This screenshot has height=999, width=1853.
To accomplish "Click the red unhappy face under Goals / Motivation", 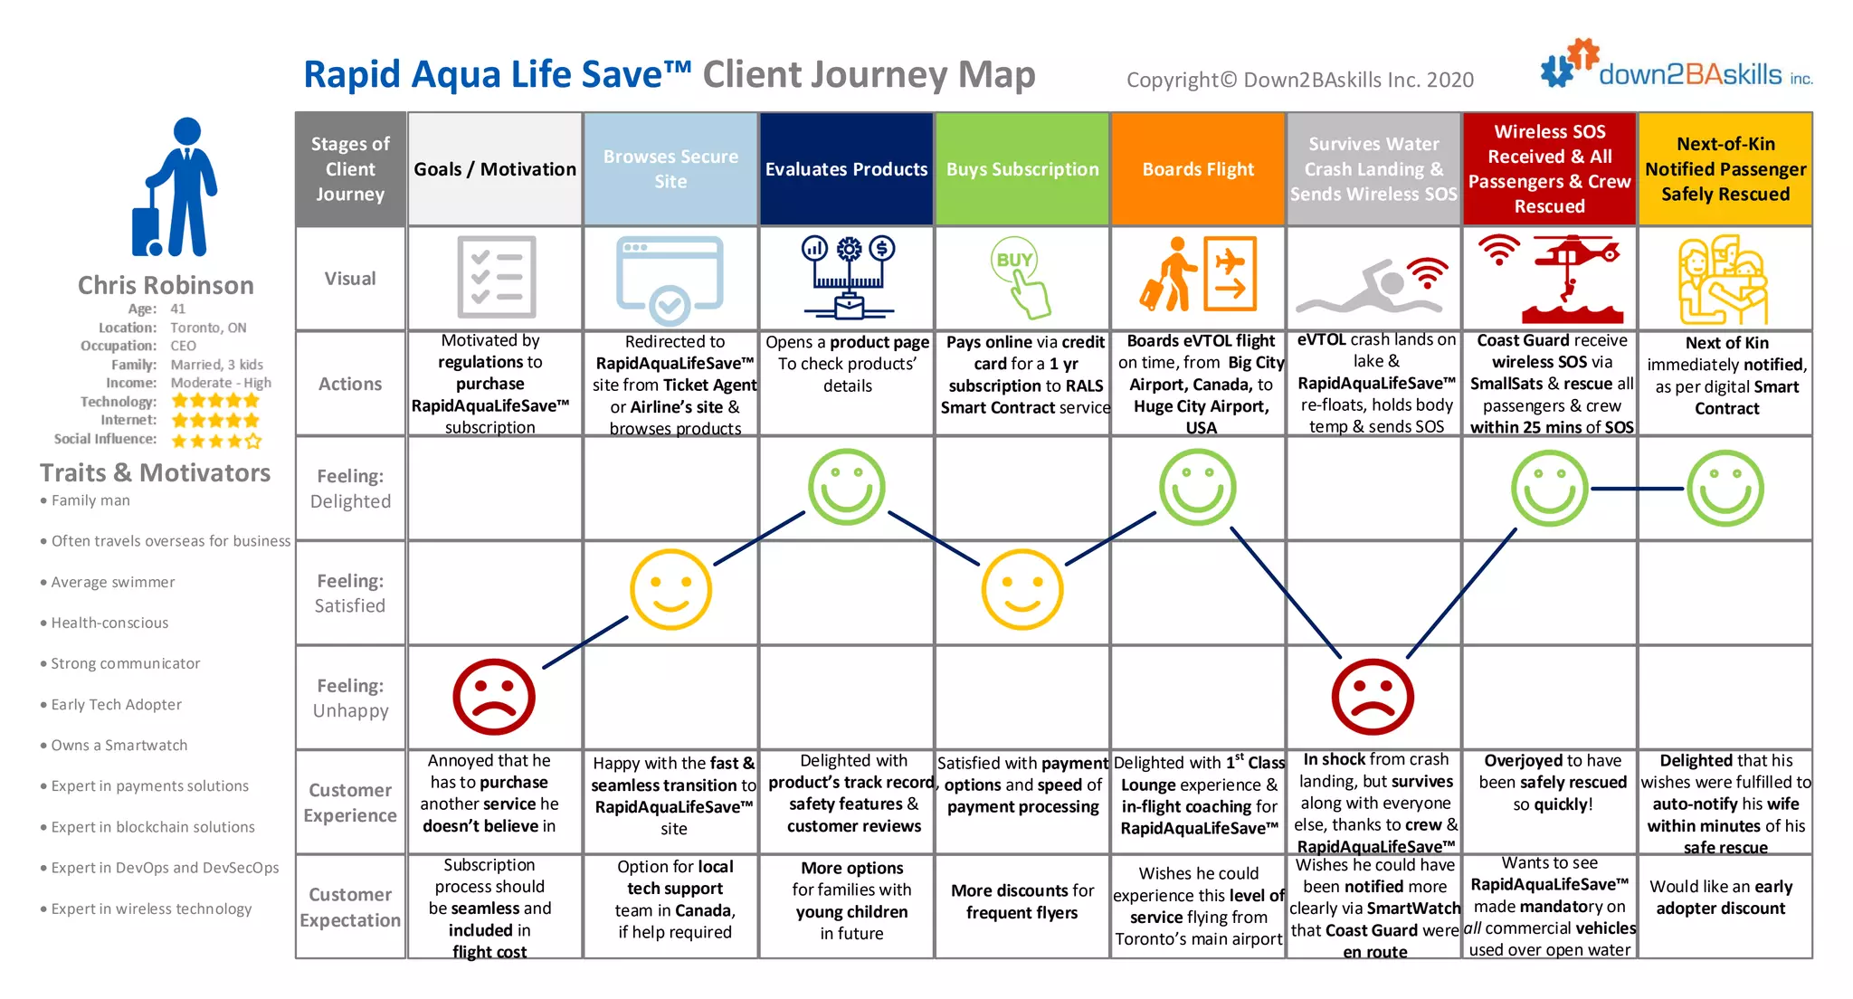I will (494, 697).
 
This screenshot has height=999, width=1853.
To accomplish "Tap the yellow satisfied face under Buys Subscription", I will (1022, 589).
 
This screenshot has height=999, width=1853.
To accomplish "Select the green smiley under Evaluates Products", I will (847, 487).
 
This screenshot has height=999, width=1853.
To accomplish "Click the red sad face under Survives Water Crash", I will (1373, 697).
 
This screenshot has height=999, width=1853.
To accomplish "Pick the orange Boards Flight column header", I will (1198, 169).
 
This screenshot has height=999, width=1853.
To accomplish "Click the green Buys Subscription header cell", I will (1022, 169).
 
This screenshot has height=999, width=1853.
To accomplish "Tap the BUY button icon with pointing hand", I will (1021, 277).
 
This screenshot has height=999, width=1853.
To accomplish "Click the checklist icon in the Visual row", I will (496, 277).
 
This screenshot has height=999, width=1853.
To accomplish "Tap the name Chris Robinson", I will (166, 285).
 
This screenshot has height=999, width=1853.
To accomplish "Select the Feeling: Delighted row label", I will (351, 489).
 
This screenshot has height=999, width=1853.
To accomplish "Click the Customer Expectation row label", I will (350, 907).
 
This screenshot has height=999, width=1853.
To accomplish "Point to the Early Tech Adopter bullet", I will (116, 704).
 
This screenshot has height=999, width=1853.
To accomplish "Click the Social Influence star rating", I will (216, 441).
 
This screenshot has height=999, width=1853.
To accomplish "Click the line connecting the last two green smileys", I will (1638, 489).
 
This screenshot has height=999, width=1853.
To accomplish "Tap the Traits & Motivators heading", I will (155, 472).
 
